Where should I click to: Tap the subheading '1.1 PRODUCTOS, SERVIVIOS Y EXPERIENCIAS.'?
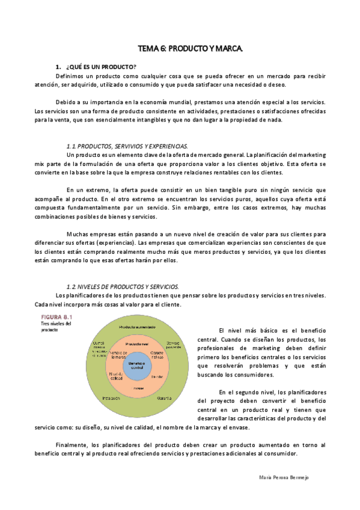(x=126, y=146)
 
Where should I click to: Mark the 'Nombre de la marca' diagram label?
(x=118, y=354)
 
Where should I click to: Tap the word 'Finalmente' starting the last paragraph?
(x=72, y=445)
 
